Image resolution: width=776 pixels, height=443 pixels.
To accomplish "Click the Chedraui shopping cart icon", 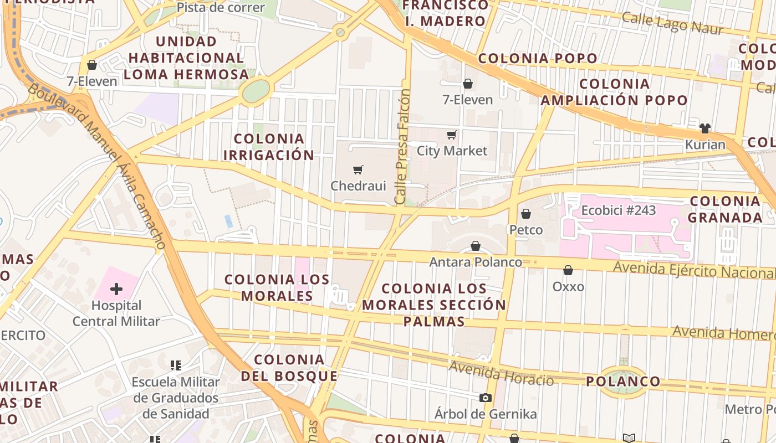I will click(x=358, y=169).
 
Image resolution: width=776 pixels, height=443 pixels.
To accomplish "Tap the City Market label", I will click(x=452, y=151).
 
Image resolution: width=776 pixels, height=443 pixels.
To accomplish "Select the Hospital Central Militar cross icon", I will click(x=116, y=289).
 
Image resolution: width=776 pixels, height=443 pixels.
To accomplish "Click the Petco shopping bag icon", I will click(x=526, y=214).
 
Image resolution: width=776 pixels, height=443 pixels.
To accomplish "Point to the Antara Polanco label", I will click(x=476, y=262).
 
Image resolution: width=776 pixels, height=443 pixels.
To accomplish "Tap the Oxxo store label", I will click(x=568, y=286).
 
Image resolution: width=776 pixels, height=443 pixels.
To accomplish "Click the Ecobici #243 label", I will click(x=618, y=210).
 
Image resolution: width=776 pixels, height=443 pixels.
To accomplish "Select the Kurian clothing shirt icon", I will click(x=704, y=128).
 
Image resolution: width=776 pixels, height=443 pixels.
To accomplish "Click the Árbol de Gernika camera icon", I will click(x=486, y=398).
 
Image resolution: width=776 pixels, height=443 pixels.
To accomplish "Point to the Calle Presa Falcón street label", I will click(x=403, y=147).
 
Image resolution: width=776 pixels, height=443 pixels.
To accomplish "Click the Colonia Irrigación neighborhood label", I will click(x=269, y=147).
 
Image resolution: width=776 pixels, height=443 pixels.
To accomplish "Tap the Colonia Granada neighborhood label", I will click(x=725, y=209).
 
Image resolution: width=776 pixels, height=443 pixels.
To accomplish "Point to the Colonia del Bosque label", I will click(x=289, y=368).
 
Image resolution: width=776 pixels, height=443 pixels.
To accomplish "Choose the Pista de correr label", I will click(x=221, y=8).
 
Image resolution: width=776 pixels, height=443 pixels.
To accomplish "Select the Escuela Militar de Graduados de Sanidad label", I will click(x=176, y=398).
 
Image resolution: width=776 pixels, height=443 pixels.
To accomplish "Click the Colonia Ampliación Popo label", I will click(x=614, y=92).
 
